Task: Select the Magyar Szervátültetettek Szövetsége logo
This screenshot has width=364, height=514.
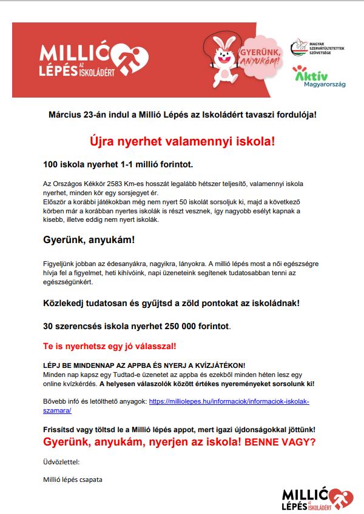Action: point(317,47)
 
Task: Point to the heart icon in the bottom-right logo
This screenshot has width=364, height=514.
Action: point(341,498)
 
